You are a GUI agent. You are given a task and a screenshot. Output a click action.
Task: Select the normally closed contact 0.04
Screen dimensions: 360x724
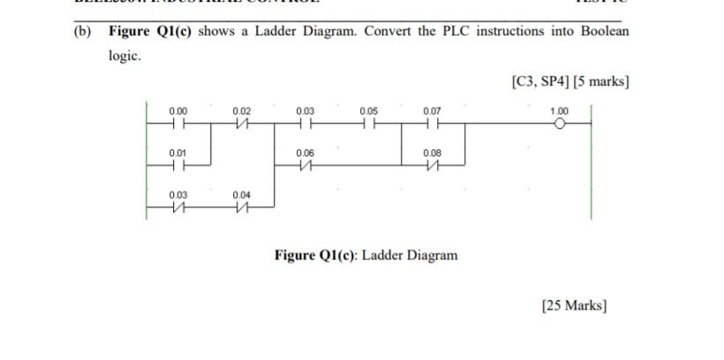coord(242,206)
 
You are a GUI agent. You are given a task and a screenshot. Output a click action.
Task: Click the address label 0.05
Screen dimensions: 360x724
coord(369,110)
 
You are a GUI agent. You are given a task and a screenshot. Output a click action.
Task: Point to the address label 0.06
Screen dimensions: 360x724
coord(305,152)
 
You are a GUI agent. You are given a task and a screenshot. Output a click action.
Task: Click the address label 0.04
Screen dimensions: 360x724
coord(242,193)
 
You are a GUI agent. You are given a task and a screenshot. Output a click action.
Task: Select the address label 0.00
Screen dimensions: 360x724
coord(178,110)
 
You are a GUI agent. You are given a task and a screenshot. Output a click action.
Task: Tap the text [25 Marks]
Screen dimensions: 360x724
coord(573,305)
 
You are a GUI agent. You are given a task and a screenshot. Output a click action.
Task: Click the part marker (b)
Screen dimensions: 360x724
coord(84,32)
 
